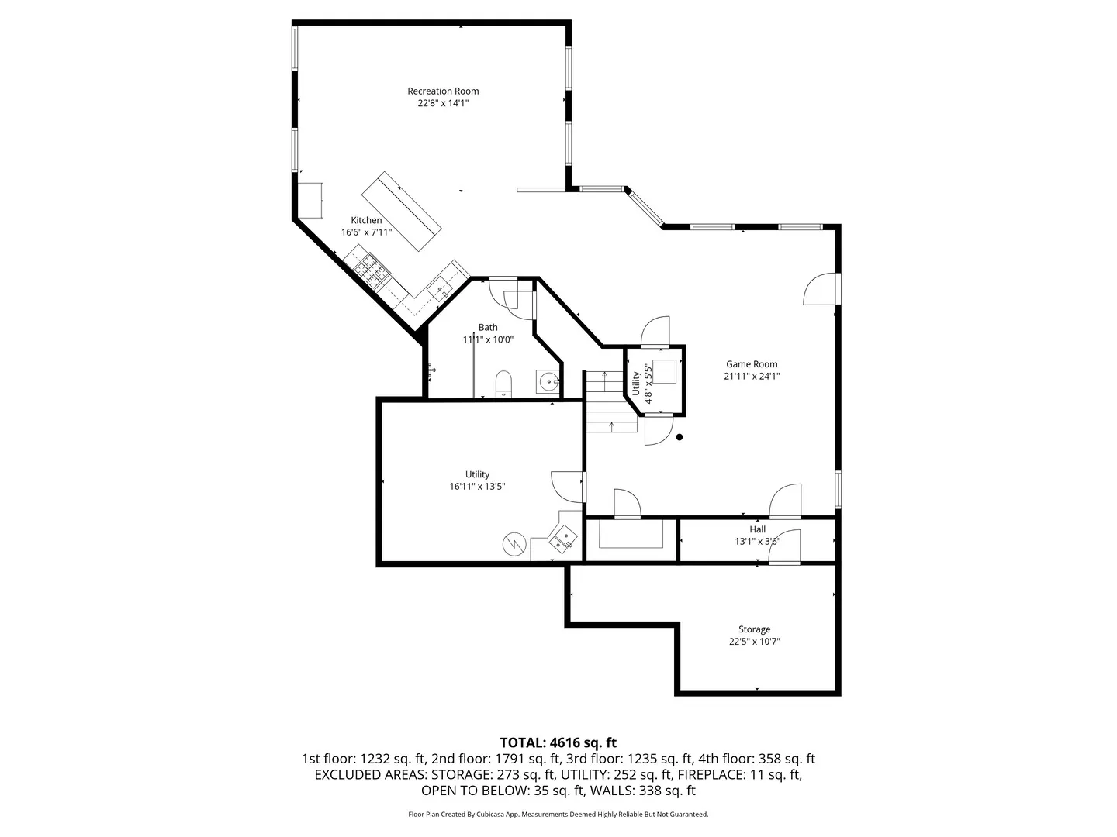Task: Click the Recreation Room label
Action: tap(443, 91)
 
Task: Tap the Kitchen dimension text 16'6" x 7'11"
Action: tap(366, 232)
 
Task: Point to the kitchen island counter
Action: tap(401, 212)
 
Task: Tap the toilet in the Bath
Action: tap(503, 384)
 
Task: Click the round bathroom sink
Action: tap(548, 381)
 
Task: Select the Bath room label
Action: tap(488, 328)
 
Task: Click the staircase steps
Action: tap(610, 401)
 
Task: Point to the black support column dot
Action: tap(680, 437)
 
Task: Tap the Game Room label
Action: tap(752, 364)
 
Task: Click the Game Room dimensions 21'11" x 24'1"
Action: tap(752, 377)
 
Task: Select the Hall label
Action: tap(757, 529)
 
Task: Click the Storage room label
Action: tap(754, 629)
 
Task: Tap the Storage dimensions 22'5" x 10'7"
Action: tap(754, 642)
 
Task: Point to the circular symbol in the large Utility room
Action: tap(514, 544)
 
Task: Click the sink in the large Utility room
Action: tap(563, 539)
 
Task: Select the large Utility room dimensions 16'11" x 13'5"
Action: tap(477, 487)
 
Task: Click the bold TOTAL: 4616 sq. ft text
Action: tap(558, 743)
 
